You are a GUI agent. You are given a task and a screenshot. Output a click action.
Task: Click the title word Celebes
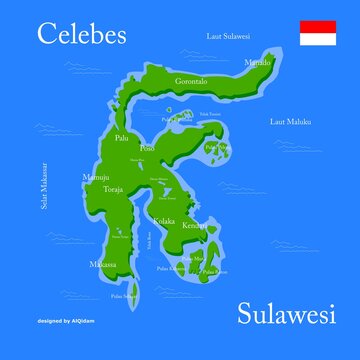pyautogui.click(x=82, y=34)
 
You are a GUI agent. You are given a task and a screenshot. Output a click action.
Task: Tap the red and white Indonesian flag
pyautogui.click(x=319, y=32)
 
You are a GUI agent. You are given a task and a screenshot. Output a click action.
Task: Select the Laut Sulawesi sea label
pyautogui.click(x=228, y=37)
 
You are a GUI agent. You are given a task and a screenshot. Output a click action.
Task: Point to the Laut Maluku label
pyautogui.click(x=291, y=121)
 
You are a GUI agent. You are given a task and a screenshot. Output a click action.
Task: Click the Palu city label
pyautogui.click(x=122, y=138)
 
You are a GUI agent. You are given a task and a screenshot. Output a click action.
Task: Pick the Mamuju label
pyautogui.click(x=96, y=178)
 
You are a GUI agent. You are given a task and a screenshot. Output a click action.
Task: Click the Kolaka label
pyautogui.click(x=162, y=220)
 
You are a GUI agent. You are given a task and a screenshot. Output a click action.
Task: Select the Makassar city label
pyautogui.click(x=103, y=264)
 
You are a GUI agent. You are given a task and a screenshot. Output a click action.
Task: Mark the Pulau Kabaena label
pyautogui.click(x=170, y=268)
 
